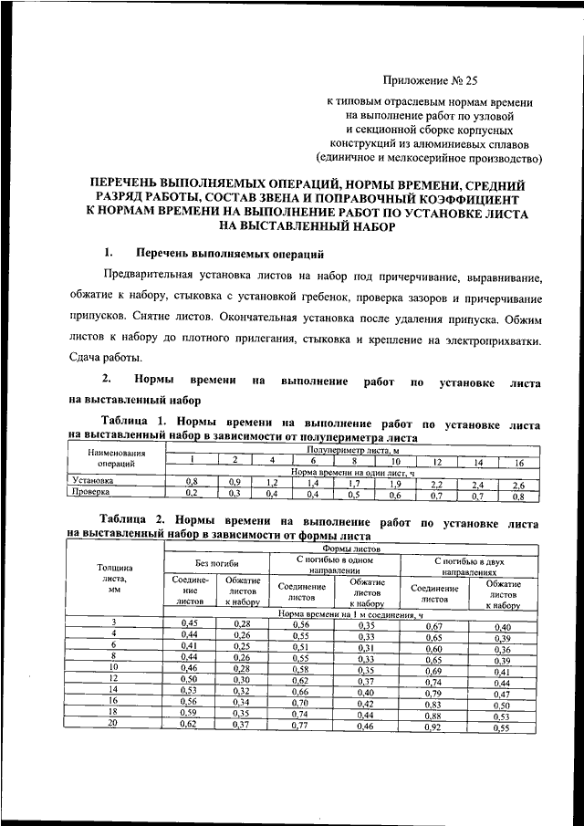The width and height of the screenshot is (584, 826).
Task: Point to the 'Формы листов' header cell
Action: tap(348, 549)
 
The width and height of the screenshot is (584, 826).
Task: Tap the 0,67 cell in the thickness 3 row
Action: tap(433, 626)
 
